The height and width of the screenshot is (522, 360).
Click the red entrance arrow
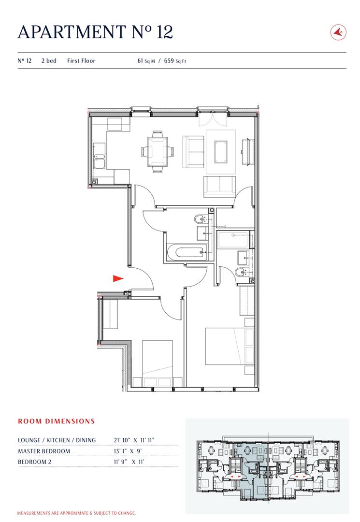click(118, 278)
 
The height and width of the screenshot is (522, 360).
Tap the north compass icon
click(337, 32)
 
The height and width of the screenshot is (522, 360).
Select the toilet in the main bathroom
click(200, 220)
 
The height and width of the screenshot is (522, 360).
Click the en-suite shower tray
click(233, 240)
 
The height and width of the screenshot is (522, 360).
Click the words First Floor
click(81, 61)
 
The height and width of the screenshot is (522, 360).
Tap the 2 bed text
click(49, 61)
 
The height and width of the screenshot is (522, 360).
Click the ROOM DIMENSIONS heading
click(57, 421)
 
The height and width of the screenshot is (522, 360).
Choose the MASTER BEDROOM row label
click(44, 451)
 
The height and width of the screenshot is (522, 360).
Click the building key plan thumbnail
click(267, 466)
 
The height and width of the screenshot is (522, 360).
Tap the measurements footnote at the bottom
click(76, 513)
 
